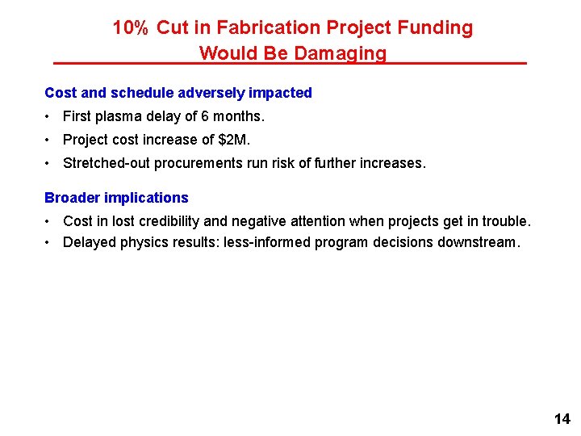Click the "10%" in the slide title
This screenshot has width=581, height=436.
[130, 28]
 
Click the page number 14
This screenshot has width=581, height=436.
[562, 418]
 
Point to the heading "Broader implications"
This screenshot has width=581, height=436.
[116, 198]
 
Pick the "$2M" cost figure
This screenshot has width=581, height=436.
[234, 140]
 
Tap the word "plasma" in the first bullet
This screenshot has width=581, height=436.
[118, 116]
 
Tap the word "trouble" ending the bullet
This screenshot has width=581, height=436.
[507, 221]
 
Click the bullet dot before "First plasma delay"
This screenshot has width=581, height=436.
[49, 116]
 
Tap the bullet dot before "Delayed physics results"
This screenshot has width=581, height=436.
[49, 242]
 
